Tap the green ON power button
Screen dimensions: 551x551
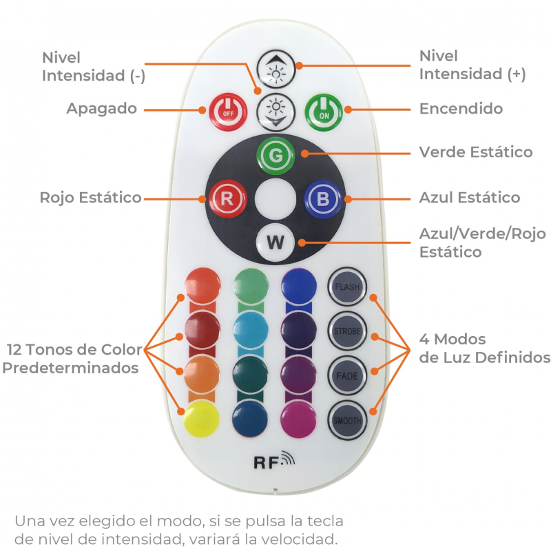(324, 110)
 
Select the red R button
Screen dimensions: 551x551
(226, 198)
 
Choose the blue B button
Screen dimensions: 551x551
(322, 198)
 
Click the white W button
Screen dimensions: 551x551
(275, 242)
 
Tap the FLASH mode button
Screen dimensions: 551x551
(346, 286)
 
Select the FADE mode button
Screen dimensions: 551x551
(346, 375)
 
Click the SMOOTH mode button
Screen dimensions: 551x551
(346, 420)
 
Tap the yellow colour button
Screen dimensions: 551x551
(202, 417)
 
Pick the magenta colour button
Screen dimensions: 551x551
(298, 417)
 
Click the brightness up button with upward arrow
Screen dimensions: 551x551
(275, 67)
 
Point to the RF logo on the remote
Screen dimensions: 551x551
(273, 461)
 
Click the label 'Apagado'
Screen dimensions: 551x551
(102, 109)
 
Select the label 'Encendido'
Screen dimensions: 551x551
(461, 109)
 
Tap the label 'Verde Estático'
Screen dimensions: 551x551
(475, 152)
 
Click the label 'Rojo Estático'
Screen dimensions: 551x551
(90, 198)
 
